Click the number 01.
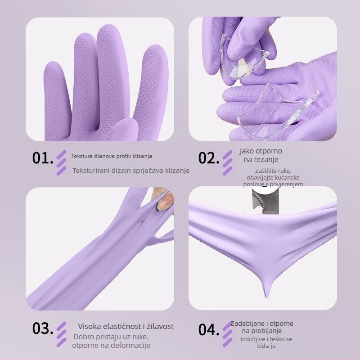43,158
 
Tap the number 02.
209,158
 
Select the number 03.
43,328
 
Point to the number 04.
209,330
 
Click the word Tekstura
81,156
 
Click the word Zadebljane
247,324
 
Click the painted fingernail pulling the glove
162,204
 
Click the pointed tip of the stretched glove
266,296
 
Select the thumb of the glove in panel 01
123,130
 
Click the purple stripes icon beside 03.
61,334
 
